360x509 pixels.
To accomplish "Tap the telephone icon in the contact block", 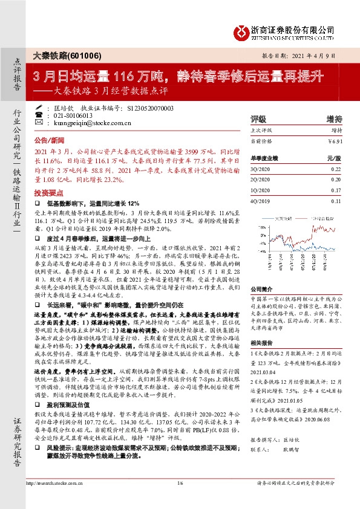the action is (x=40, y=115).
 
